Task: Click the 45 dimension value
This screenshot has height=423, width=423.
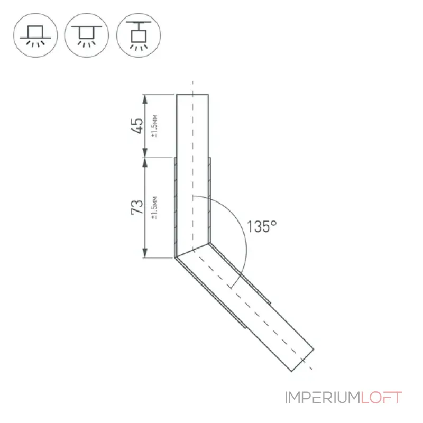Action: pos(137,126)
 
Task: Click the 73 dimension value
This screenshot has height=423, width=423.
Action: pos(137,207)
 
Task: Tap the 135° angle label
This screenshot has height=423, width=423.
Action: pos(262,226)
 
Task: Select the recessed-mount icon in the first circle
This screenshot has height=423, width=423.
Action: pos(35,35)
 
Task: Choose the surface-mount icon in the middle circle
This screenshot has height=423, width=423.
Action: pos(87,35)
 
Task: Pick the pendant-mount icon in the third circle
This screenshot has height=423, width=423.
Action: pos(139,35)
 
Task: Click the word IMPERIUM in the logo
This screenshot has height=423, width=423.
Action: pos(323,398)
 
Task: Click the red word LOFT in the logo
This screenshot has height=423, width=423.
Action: pos(381,398)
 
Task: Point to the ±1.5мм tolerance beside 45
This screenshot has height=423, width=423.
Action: pos(154,126)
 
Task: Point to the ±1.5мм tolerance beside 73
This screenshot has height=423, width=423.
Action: pos(154,208)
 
